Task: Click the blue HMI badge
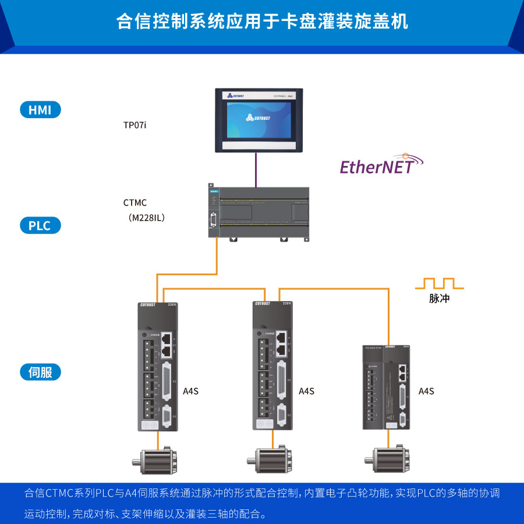pos(40,109)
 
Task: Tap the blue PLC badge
pos(40,225)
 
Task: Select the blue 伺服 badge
pos(40,372)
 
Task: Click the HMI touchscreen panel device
pos(256,120)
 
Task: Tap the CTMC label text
pos(135,203)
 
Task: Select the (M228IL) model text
pos(147,218)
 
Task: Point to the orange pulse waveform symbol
pos(439,284)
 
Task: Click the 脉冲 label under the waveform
pos(440,299)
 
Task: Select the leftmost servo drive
pos(158,366)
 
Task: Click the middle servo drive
pos(272,366)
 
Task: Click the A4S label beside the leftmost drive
pos(191,391)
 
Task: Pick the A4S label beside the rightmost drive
pos(426,391)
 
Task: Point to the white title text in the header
pos(262,22)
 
